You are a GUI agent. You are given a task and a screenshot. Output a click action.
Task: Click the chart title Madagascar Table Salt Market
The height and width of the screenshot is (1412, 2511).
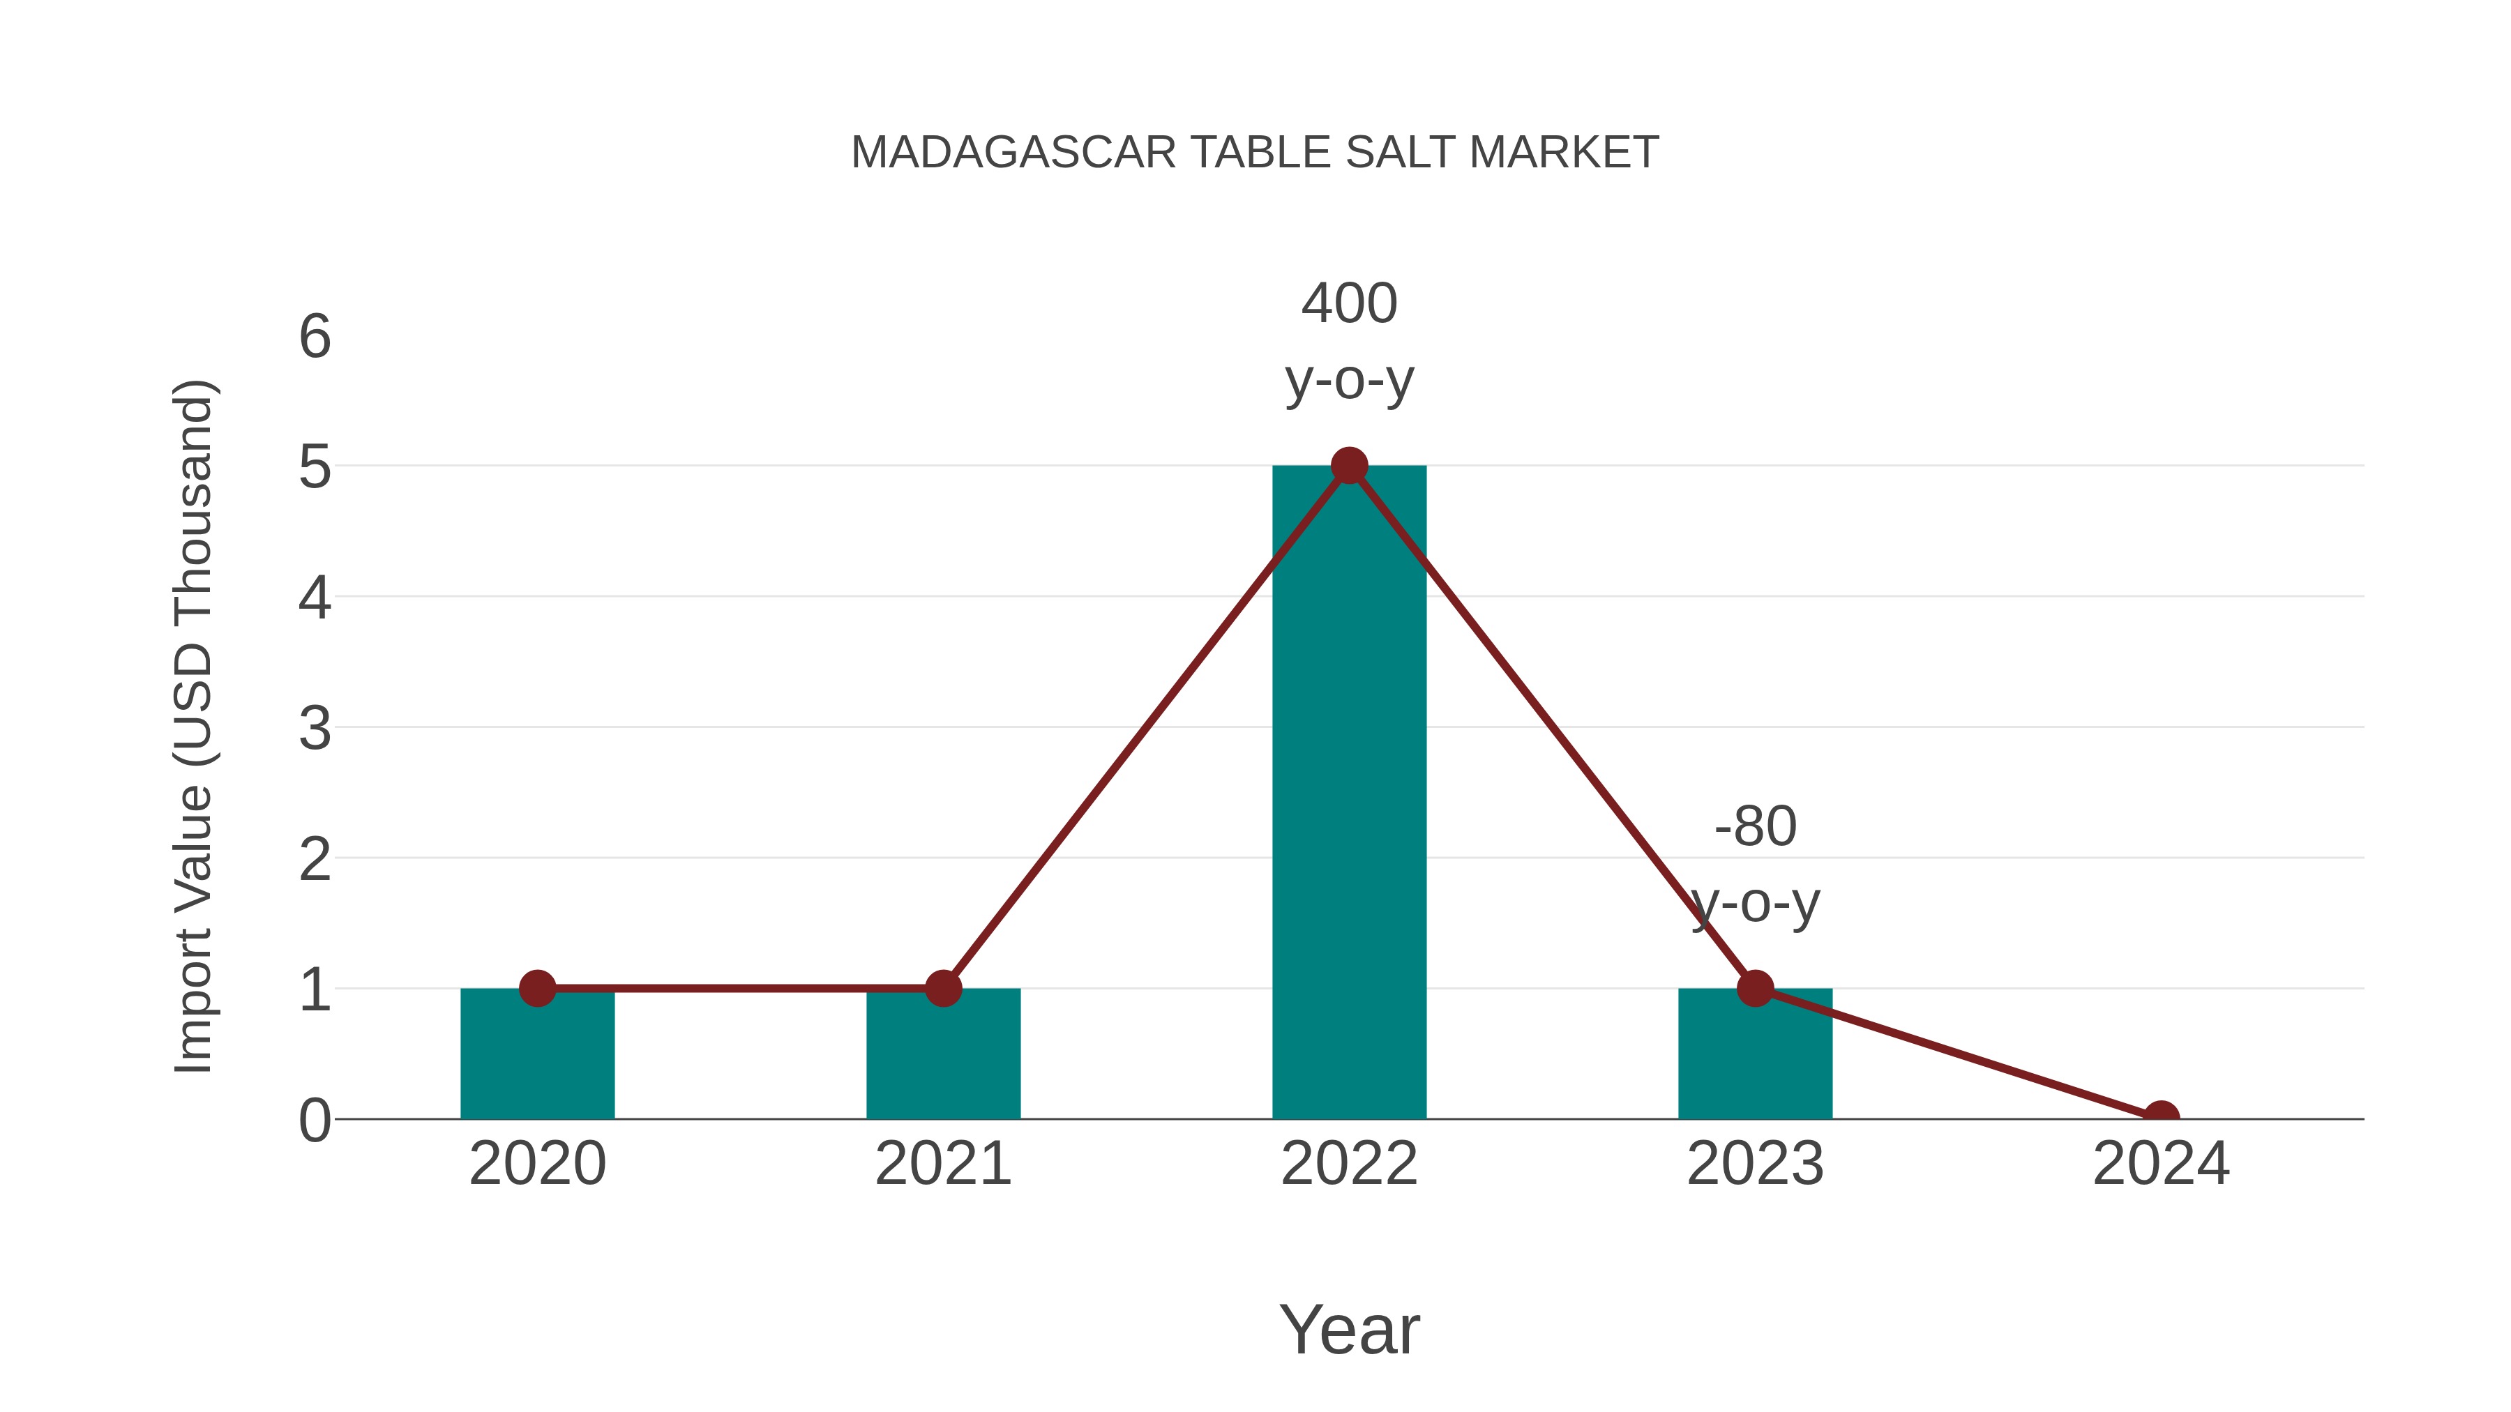tap(1255, 153)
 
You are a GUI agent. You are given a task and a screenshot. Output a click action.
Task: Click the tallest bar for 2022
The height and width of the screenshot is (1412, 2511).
tap(1349, 799)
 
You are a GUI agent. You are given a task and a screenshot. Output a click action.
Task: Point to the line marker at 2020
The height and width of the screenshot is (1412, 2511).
tap(537, 988)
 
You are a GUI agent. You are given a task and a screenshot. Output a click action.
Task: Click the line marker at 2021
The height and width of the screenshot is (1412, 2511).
tap(942, 988)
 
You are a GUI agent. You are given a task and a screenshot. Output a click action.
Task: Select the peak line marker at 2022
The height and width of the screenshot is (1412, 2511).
tap(1349, 466)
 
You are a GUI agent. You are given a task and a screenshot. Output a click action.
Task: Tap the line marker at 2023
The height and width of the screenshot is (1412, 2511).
tap(1755, 988)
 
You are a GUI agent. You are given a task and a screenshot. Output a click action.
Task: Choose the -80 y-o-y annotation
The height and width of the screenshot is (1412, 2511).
tap(1755, 865)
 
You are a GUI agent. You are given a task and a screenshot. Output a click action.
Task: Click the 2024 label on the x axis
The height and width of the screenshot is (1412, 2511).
tap(2161, 1164)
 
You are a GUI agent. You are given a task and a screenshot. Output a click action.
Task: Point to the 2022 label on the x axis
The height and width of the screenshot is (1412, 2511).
tap(1349, 1164)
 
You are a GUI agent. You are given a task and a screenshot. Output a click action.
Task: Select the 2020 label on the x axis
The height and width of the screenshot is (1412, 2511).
tap(537, 1164)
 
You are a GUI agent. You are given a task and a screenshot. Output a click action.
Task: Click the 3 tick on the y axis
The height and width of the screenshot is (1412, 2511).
tap(315, 728)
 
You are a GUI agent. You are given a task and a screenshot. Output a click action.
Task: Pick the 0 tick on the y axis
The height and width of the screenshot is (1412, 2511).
tap(315, 1121)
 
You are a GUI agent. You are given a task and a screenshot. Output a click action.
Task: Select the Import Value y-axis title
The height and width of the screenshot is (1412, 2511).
tap(193, 726)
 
